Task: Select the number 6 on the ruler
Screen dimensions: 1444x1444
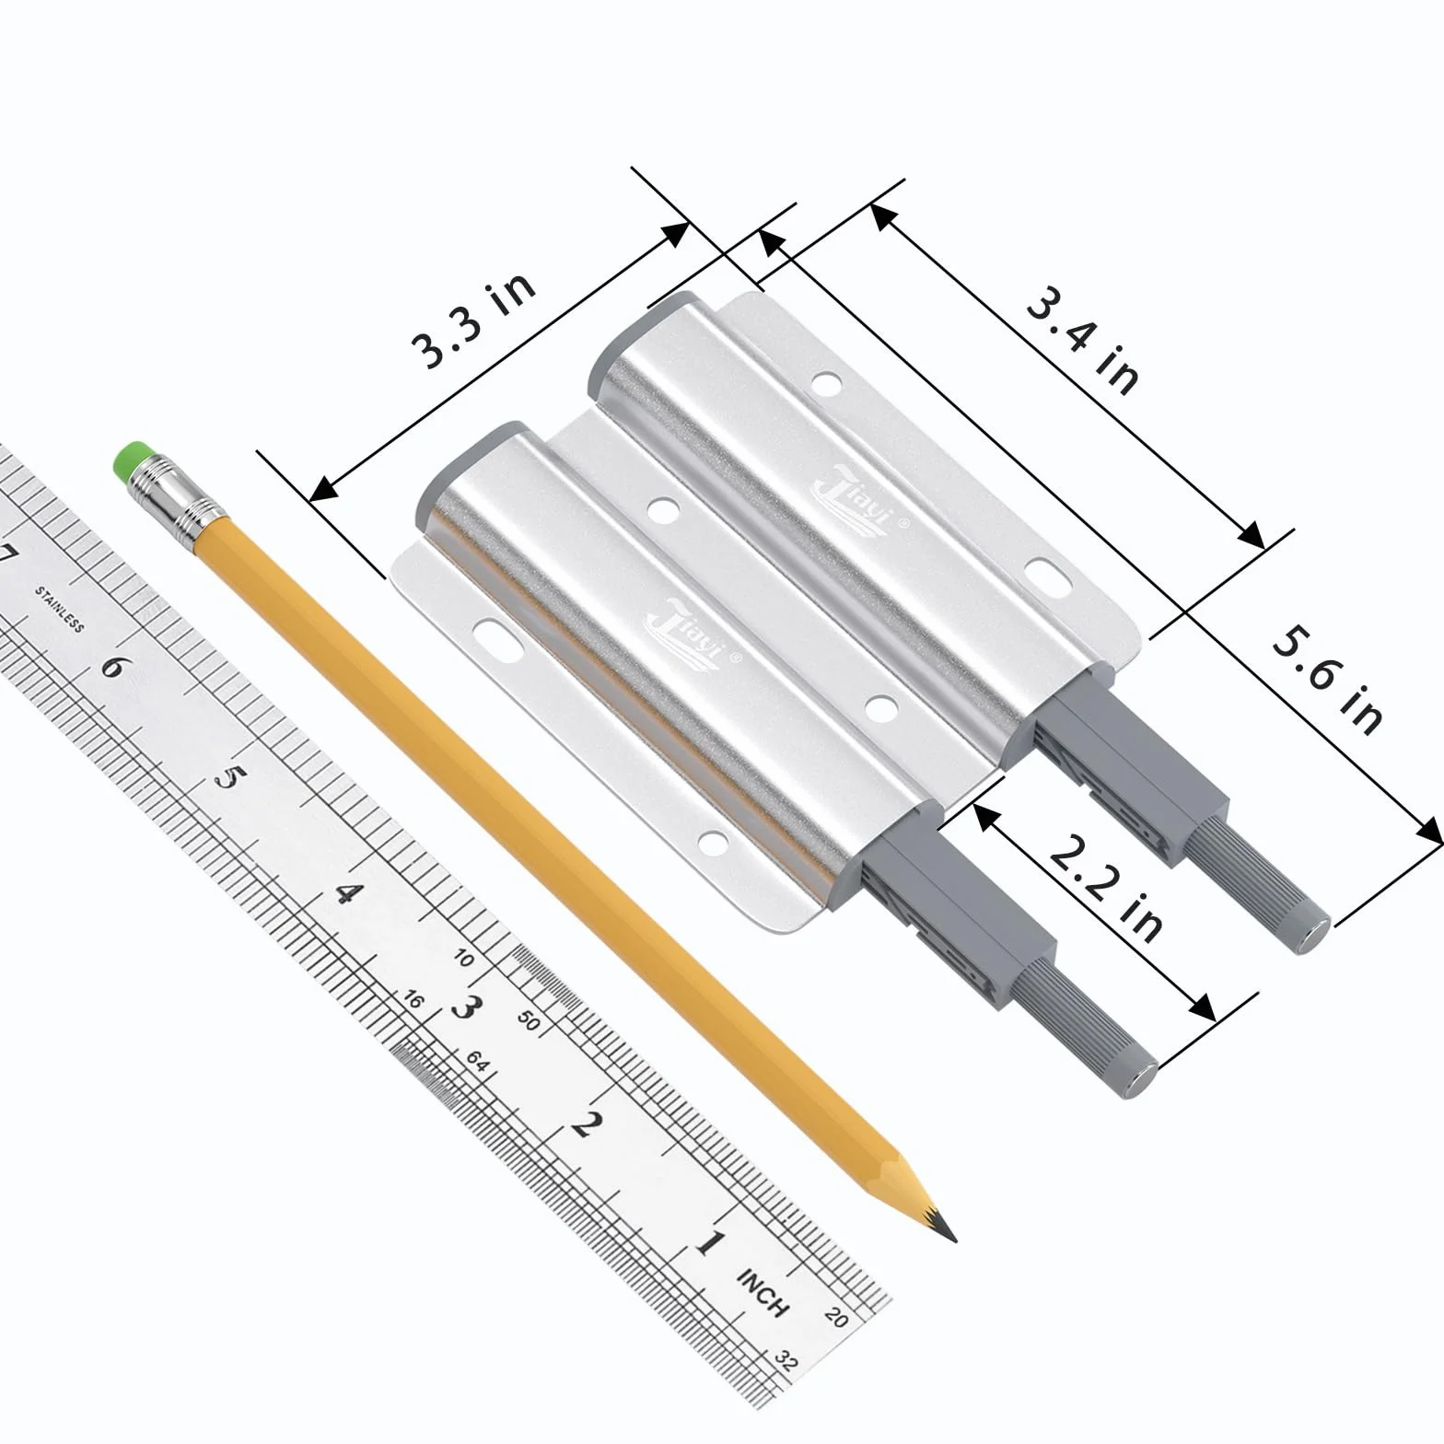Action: pos(112,666)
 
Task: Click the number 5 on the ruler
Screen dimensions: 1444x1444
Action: pos(225,778)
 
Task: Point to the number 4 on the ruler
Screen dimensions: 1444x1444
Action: pos(344,893)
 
